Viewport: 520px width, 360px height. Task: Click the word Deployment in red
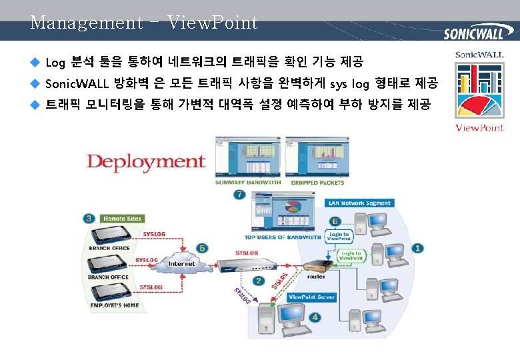(x=145, y=161)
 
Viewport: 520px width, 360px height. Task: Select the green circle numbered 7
(x=239, y=195)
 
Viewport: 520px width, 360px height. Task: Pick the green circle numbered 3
(x=89, y=218)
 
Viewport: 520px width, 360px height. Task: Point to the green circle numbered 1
(x=417, y=248)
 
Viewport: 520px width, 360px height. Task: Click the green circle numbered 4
(x=315, y=317)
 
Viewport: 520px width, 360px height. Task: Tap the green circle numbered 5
(x=203, y=247)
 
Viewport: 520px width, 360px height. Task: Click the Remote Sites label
(x=123, y=219)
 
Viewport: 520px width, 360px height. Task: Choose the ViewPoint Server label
(x=311, y=297)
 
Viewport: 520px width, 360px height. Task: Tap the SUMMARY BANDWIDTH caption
(x=247, y=183)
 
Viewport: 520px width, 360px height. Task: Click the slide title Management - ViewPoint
(x=144, y=23)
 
